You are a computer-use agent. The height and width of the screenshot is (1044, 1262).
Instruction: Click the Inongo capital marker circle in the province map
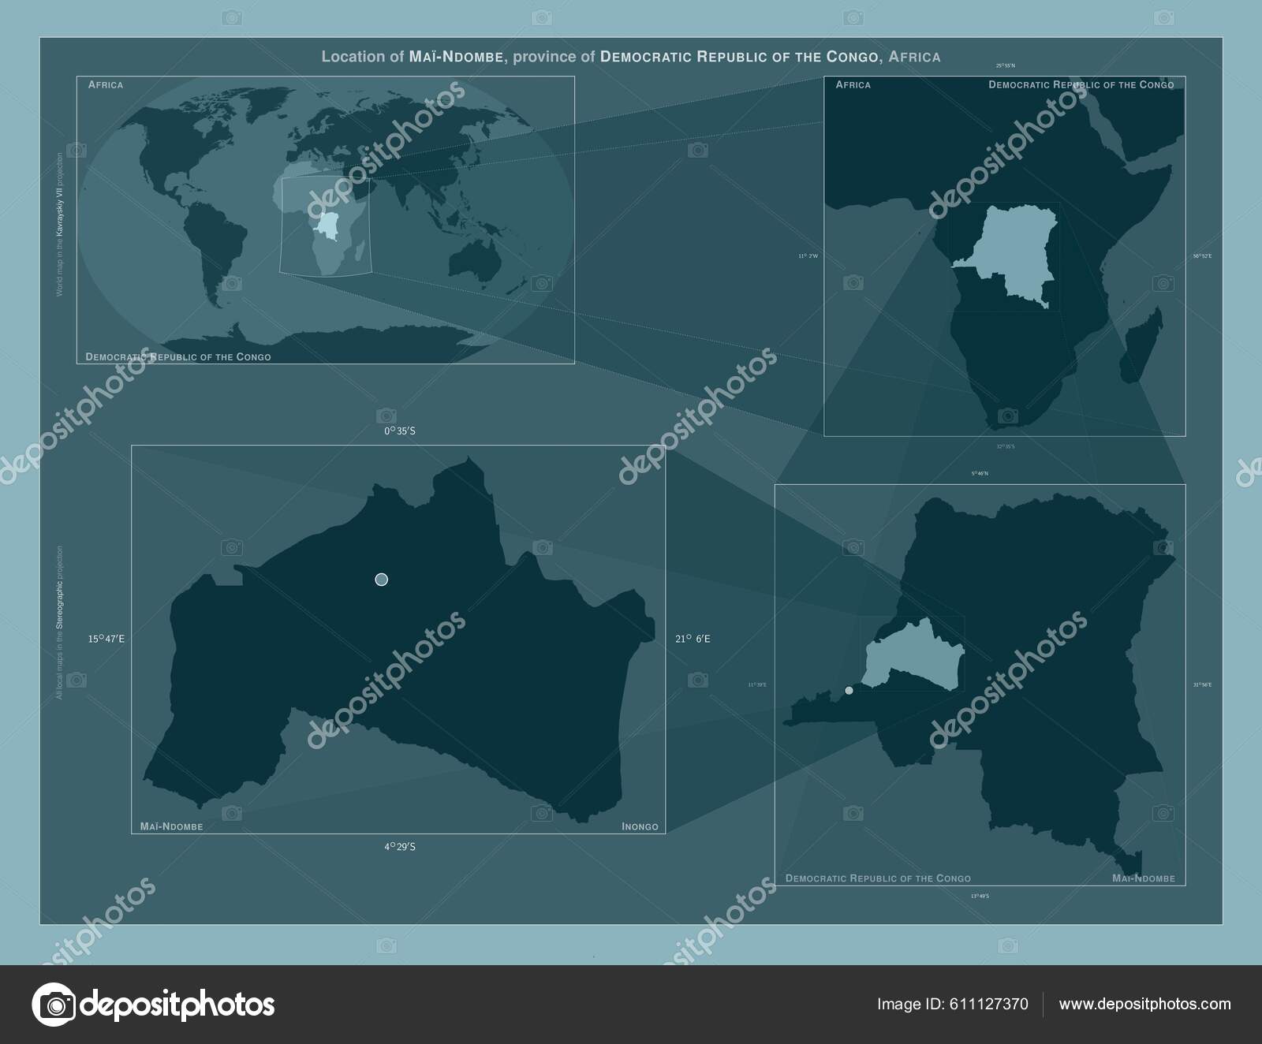[x=382, y=580]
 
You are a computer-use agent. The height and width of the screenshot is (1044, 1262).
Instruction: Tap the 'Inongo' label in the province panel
[x=640, y=827]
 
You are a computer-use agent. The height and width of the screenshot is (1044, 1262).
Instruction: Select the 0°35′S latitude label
[x=399, y=431]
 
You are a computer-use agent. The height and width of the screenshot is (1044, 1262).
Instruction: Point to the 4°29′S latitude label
[x=399, y=847]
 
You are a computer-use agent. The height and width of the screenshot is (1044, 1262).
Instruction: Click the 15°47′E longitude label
[x=106, y=639]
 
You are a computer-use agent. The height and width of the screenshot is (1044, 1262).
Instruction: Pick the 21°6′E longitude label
[x=693, y=639]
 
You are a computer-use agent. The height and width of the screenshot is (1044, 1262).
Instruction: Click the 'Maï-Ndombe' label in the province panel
[x=171, y=827]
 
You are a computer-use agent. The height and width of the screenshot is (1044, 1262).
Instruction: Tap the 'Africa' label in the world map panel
[x=106, y=84]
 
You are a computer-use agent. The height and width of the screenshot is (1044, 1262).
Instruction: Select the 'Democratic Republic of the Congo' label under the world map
[x=178, y=357]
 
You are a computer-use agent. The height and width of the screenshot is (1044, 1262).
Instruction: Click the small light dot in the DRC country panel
[x=849, y=690]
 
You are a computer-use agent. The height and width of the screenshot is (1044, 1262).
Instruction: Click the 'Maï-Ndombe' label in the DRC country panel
[x=1143, y=878]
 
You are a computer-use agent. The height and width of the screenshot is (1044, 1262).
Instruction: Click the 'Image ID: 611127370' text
[x=952, y=1005]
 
